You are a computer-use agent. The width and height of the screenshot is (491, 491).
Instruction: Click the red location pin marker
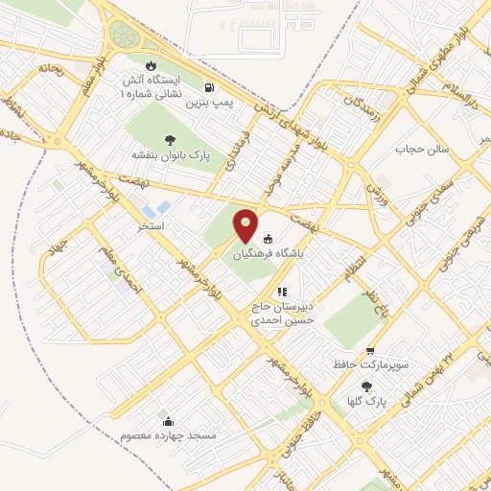(245, 224)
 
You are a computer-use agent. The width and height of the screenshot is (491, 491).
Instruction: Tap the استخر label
(151, 226)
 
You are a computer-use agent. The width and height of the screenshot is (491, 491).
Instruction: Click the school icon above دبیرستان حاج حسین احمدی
(281, 292)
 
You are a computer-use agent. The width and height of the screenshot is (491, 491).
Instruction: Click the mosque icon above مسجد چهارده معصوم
(169, 421)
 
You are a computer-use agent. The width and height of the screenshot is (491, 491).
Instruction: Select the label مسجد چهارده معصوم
(169, 436)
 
